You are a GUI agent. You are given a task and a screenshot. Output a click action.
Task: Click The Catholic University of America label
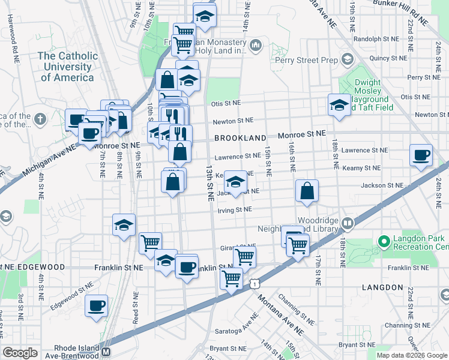[x=67, y=67]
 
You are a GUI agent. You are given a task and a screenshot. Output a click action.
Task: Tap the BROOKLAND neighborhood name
[x=235, y=138]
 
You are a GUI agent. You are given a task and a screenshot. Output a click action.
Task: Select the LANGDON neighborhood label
[x=382, y=288]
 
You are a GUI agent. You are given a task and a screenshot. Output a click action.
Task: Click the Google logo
[x=20, y=352]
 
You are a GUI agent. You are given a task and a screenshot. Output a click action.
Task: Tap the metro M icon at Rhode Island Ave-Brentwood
[x=106, y=352]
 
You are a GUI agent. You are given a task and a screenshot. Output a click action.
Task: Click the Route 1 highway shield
[x=255, y=281]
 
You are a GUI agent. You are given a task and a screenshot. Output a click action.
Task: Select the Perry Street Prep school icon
[x=347, y=59]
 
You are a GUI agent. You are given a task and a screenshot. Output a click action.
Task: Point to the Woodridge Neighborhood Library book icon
[x=347, y=224]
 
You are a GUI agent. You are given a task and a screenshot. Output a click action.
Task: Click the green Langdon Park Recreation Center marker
[x=384, y=242]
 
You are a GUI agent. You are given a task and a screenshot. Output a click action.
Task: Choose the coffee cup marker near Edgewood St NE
[x=96, y=307]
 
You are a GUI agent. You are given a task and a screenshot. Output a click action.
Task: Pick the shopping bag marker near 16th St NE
[x=307, y=192]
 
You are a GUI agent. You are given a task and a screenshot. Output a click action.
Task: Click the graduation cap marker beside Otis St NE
[x=339, y=105]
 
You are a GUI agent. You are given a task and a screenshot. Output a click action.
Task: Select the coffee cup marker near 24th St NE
[x=421, y=155]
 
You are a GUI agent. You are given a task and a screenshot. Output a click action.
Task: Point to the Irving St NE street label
[x=235, y=209]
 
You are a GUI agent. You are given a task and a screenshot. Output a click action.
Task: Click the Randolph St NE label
[x=376, y=38]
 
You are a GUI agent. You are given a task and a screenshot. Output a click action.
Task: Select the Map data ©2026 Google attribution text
[x=411, y=355]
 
